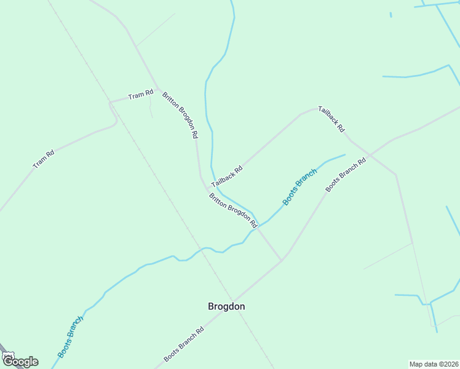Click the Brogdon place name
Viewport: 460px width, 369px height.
click(226, 306)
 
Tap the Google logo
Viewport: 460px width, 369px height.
click(20, 362)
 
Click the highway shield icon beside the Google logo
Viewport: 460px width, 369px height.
click(7, 355)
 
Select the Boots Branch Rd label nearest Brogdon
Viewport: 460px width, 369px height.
click(183, 344)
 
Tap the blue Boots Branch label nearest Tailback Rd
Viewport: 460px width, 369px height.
click(299, 186)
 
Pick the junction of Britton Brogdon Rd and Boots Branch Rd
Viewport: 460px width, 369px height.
click(282, 260)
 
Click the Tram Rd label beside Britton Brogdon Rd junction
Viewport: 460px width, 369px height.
click(140, 95)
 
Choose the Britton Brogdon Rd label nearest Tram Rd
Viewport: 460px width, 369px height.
click(180, 115)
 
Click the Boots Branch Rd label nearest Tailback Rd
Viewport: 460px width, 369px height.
click(346, 174)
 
